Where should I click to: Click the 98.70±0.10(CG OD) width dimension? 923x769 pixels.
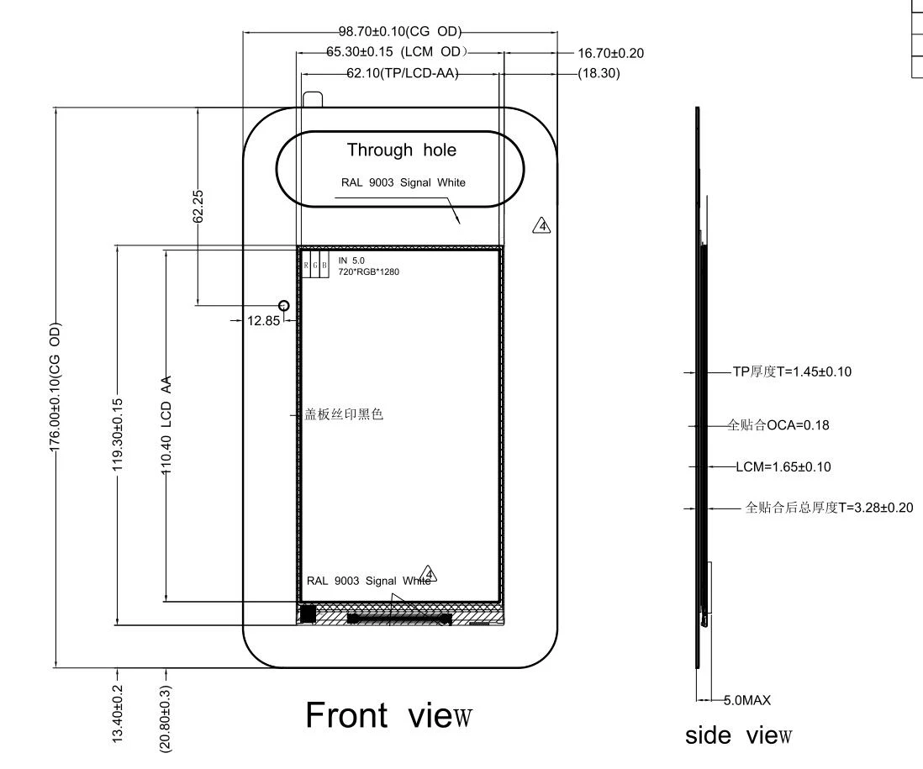tap(400, 32)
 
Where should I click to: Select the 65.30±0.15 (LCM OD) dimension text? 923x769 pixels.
tap(396, 53)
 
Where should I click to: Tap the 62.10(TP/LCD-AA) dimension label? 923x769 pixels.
tap(401, 74)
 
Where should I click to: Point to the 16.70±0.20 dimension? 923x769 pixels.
tap(610, 53)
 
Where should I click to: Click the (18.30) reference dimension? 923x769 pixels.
tap(599, 74)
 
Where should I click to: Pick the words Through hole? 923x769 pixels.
tap(402, 150)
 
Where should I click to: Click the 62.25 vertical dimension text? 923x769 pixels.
tap(198, 206)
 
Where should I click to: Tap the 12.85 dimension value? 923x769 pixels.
tap(262, 320)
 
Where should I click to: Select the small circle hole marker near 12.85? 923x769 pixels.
tap(283, 306)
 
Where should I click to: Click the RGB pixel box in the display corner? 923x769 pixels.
tap(315, 265)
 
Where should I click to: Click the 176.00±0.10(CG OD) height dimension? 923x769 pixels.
tap(55, 387)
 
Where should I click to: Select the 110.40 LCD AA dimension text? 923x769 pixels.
tap(166, 426)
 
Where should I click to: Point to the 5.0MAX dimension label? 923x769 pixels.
tap(747, 699)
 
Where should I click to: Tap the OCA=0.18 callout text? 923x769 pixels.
tap(778, 425)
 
